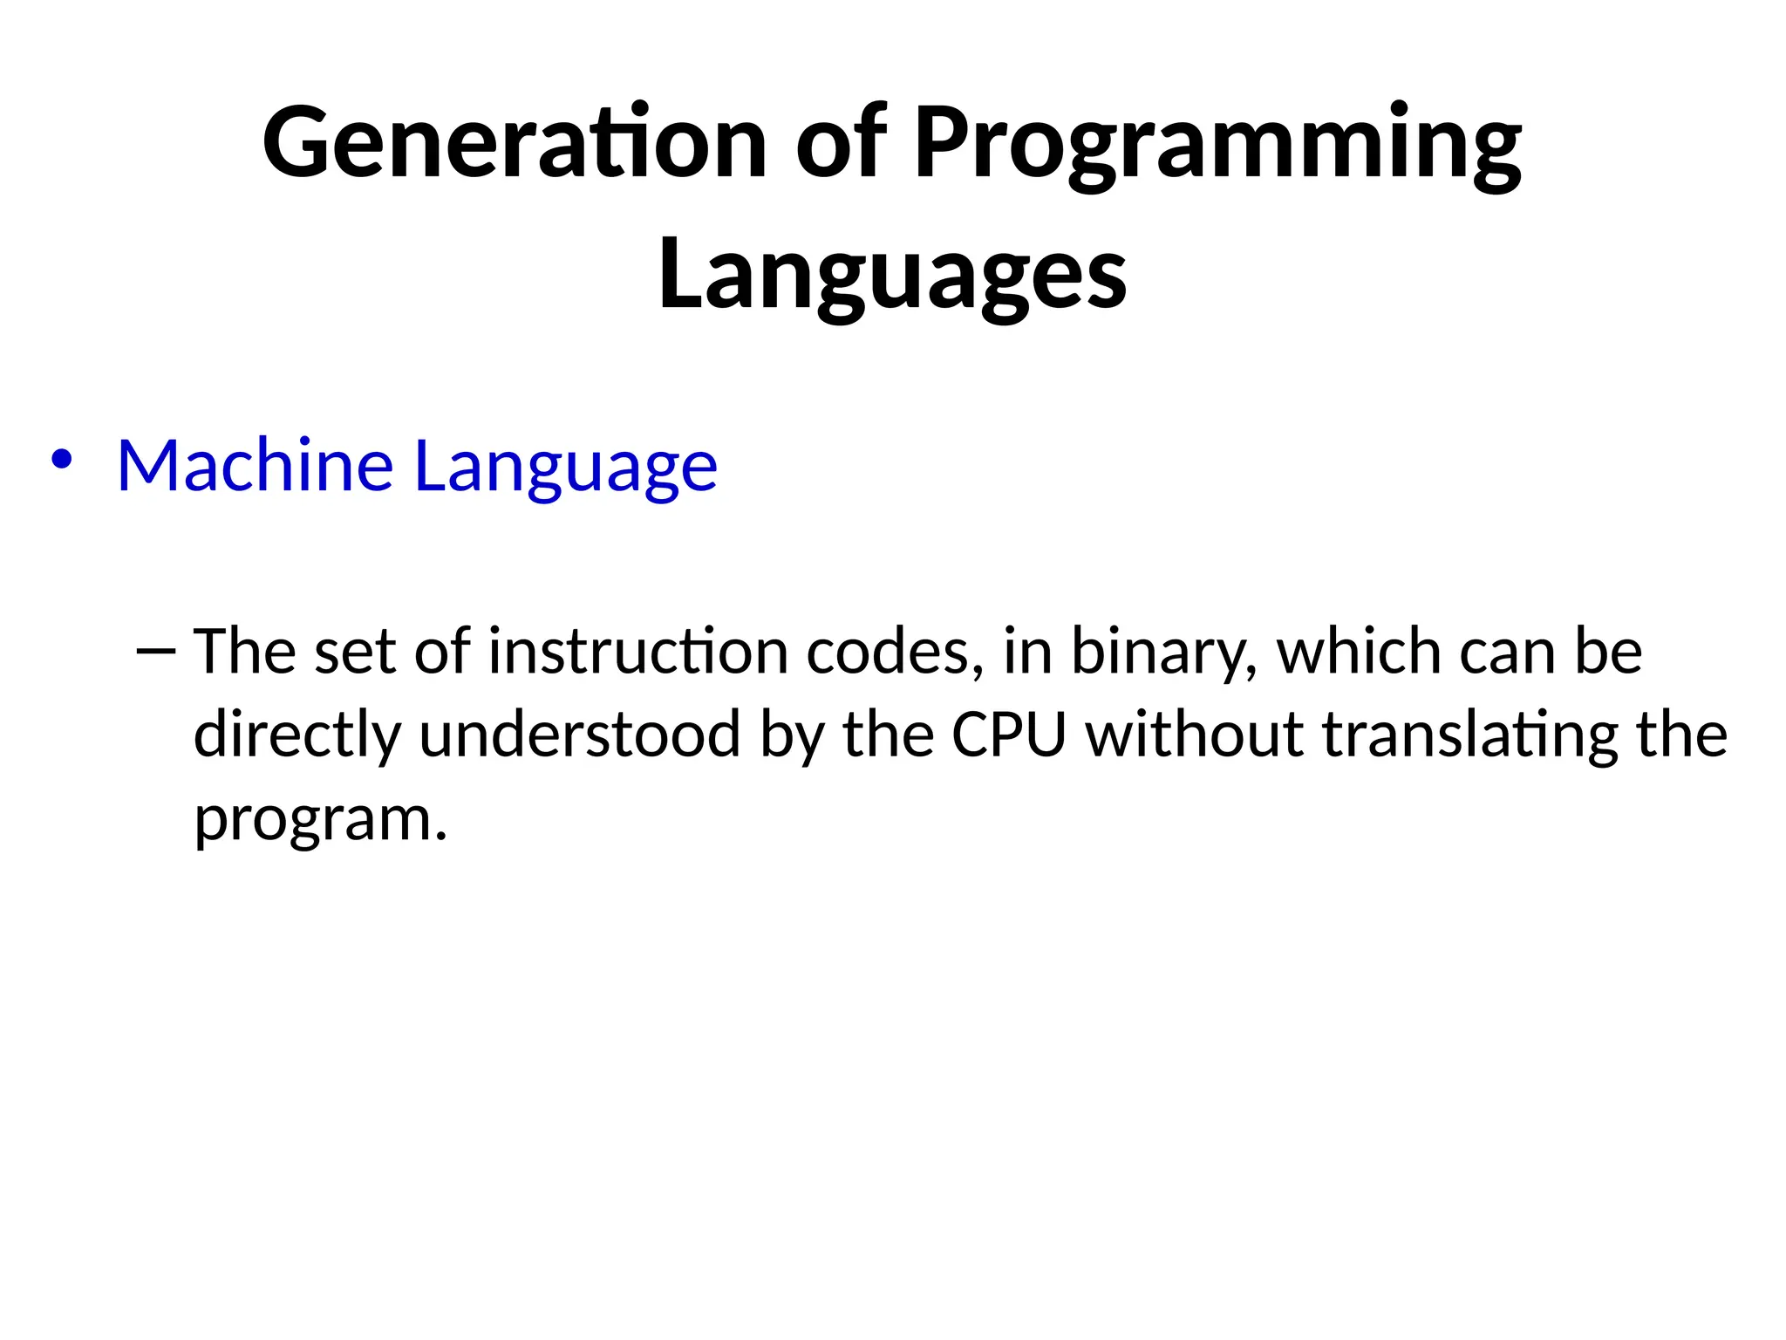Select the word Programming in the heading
[x=1217, y=144]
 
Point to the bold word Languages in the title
[x=892, y=275]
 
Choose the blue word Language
[x=565, y=467]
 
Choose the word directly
[x=297, y=735]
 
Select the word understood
[x=580, y=734]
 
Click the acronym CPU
[x=1009, y=734]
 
